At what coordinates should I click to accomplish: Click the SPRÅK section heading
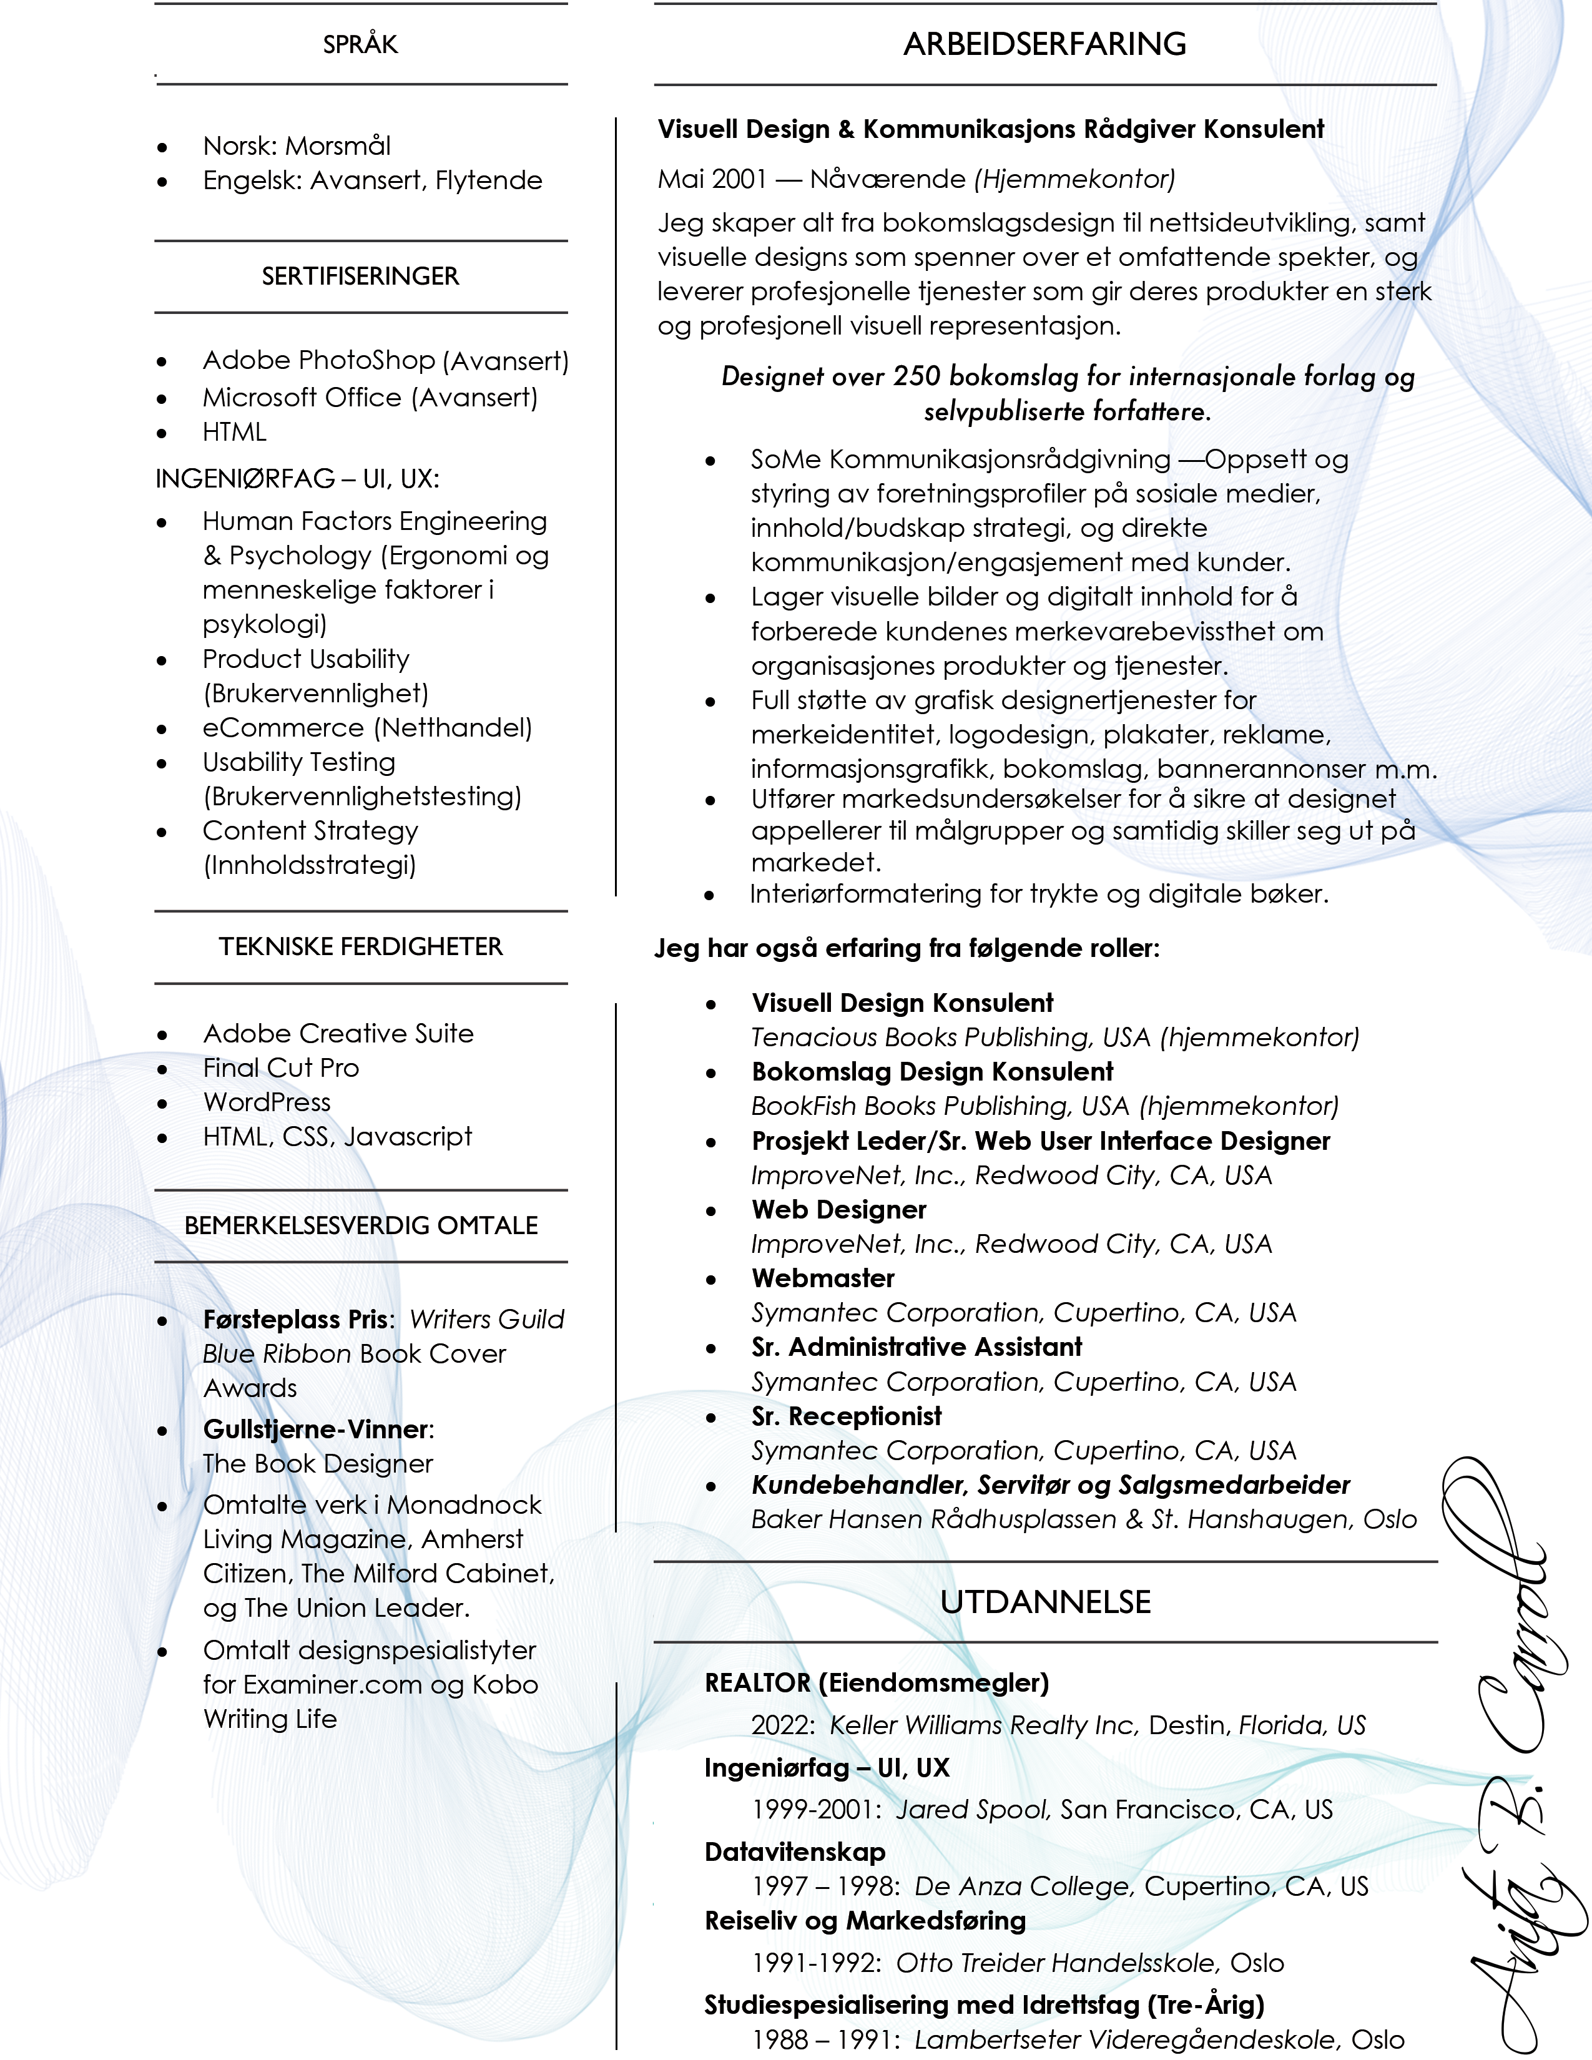coord(360,44)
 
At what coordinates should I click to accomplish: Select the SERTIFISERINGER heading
coord(360,277)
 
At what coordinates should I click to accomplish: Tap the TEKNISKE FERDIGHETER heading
coord(360,947)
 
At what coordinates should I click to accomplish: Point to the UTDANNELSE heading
coord(1045,1602)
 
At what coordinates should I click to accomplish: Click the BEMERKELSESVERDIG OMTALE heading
coord(360,1225)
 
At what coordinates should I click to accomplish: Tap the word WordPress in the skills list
coord(267,1102)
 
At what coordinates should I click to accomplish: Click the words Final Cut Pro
coord(281,1067)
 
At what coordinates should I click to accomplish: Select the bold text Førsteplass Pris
coord(295,1320)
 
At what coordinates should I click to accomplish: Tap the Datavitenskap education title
coord(794,1852)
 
